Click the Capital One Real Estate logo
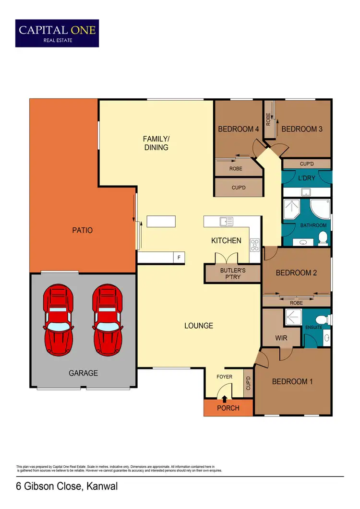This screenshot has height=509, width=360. [x=57, y=33]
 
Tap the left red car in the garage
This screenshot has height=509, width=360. [x=59, y=319]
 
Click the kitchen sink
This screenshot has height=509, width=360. [x=226, y=221]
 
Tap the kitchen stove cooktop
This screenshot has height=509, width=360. [x=254, y=245]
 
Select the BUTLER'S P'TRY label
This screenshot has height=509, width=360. [x=233, y=273]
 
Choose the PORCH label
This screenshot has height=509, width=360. [x=228, y=408]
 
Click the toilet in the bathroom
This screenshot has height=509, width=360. [x=323, y=237]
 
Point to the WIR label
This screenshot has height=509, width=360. [x=281, y=338]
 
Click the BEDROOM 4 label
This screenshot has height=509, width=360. [x=239, y=129]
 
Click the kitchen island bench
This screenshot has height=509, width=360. [x=161, y=221]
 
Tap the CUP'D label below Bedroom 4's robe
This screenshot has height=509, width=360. [x=239, y=188]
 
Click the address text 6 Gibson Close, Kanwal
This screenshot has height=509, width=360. [x=67, y=486]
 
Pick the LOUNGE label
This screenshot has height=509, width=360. [x=199, y=326]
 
